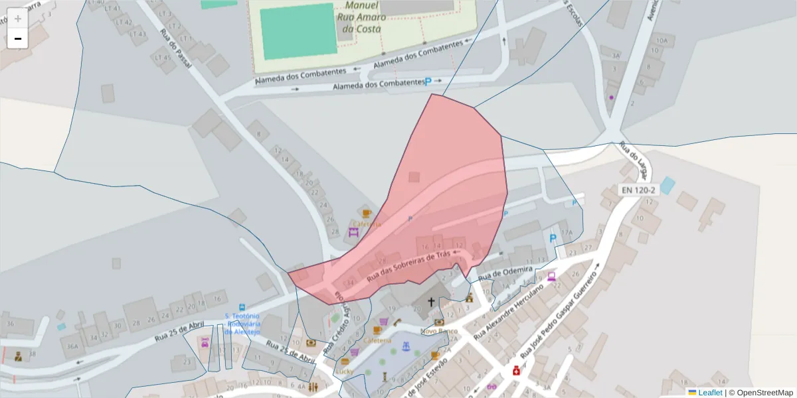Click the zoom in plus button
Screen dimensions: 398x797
[18, 19]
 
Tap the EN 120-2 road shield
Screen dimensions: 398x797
[638, 190]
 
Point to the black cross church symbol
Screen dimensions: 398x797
[430, 302]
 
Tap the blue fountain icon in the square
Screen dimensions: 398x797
[404, 347]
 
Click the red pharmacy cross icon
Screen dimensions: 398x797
[515, 371]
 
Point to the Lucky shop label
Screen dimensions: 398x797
[344, 371]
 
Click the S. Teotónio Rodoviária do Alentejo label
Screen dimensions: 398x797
[242, 324]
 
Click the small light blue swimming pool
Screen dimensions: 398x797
[666, 186]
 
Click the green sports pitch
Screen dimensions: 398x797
[298, 31]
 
